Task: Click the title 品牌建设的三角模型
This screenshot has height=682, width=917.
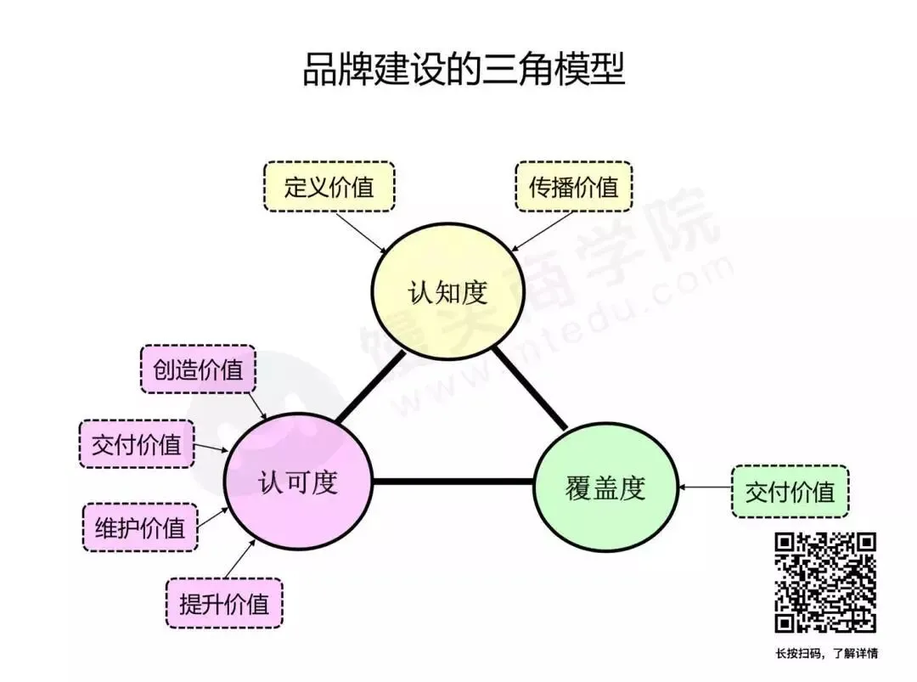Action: pyautogui.click(x=464, y=70)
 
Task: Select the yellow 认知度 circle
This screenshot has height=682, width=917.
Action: pyautogui.click(x=447, y=293)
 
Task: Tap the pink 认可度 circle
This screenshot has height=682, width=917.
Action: pyautogui.click(x=298, y=482)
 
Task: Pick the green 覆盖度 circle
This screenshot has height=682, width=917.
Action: pyautogui.click(x=605, y=488)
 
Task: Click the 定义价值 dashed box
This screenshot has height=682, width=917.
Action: pyautogui.click(x=329, y=187)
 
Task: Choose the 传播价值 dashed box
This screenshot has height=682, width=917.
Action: pyautogui.click(x=574, y=187)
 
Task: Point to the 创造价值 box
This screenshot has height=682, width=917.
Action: pyautogui.click(x=198, y=369)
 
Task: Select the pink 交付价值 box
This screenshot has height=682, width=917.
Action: pyautogui.click(x=137, y=443)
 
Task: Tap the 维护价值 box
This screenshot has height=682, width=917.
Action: pyautogui.click(x=140, y=527)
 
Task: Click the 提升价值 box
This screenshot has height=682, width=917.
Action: pyautogui.click(x=224, y=604)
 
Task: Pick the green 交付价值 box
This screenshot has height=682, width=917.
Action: pyautogui.click(x=790, y=491)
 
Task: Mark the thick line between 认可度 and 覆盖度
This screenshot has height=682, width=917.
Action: pyautogui.click(x=453, y=482)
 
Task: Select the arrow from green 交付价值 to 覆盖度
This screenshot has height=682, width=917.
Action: pyautogui.click(x=705, y=488)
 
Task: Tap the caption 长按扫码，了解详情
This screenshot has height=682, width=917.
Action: pyautogui.click(x=825, y=653)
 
